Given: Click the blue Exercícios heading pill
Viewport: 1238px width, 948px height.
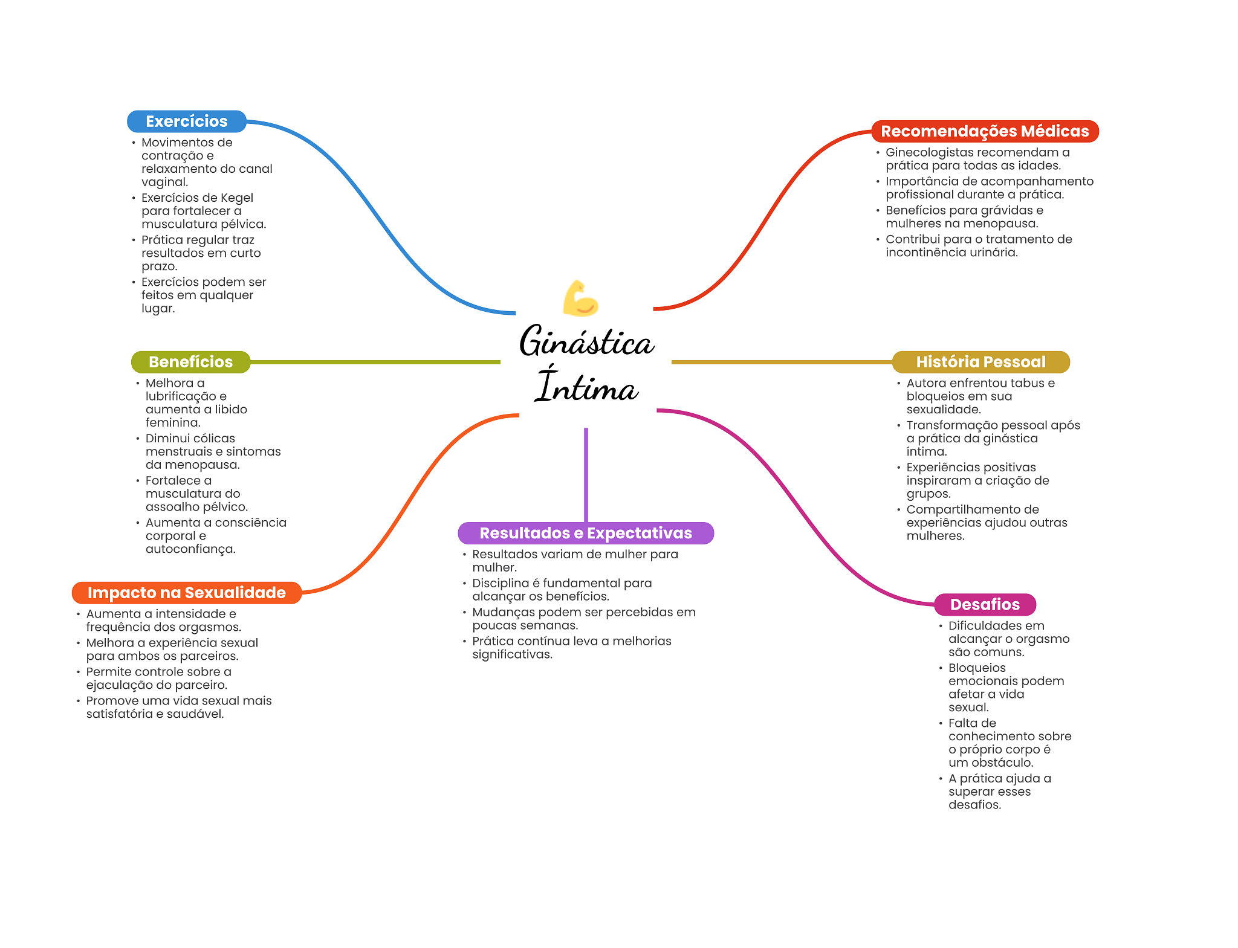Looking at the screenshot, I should click(x=186, y=121).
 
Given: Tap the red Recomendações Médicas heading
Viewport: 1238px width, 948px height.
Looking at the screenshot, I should click(x=984, y=131).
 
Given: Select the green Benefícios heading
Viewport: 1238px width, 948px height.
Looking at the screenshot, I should click(x=190, y=362).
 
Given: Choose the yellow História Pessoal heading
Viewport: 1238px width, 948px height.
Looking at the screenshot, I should click(x=980, y=362).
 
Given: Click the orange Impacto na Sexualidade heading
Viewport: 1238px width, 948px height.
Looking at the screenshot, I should click(x=186, y=593).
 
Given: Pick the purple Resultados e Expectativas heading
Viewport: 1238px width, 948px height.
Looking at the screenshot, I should click(x=585, y=533).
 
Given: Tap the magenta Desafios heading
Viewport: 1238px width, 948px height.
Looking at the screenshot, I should click(x=984, y=604).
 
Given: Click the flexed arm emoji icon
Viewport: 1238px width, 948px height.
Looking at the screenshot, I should click(x=580, y=298).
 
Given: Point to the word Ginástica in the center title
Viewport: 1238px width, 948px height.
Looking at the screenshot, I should click(x=586, y=342).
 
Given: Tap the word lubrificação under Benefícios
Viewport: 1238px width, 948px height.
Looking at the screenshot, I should click(x=180, y=396).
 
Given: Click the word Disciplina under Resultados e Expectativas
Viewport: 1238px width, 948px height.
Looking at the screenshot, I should click(x=500, y=583).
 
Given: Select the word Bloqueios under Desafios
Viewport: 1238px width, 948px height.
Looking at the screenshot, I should click(x=976, y=668).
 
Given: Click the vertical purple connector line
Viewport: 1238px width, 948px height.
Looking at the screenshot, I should click(x=586, y=474).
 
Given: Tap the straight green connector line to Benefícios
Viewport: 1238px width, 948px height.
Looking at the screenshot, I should click(x=375, y=362).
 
